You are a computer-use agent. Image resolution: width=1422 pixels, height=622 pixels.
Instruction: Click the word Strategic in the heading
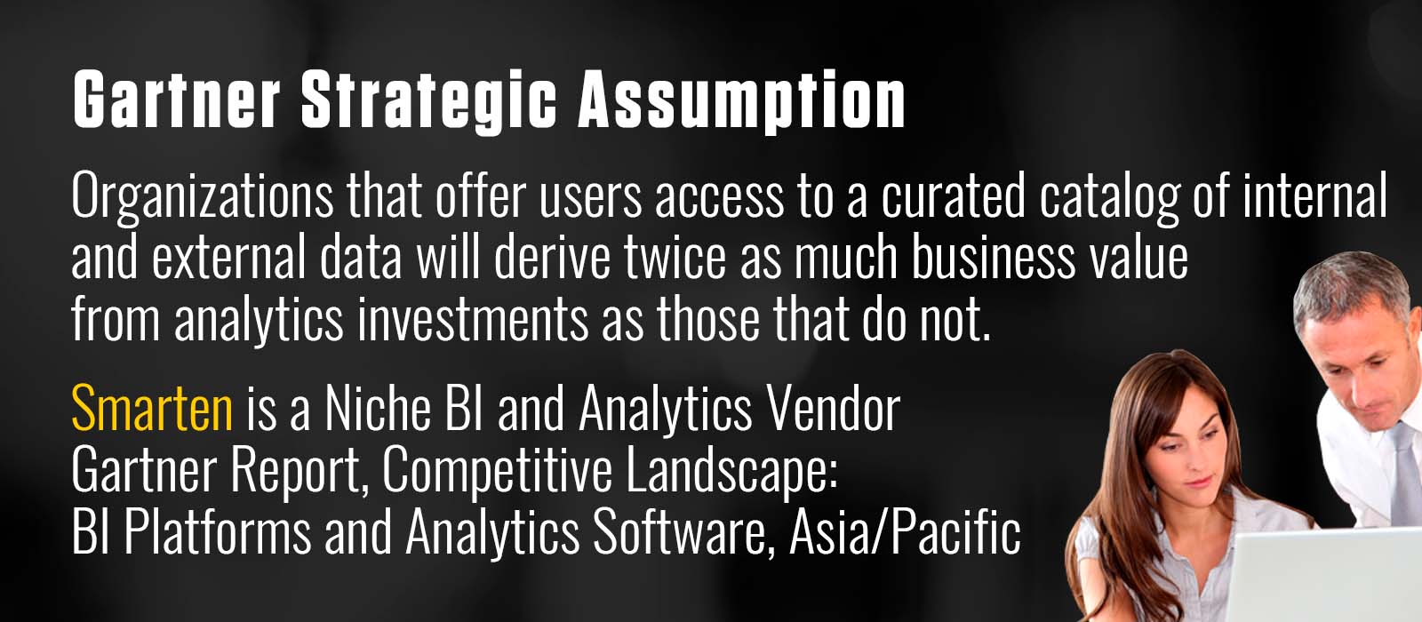[x=428, y=100]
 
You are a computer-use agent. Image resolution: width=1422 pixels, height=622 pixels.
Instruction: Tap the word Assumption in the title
[x=741, y=100]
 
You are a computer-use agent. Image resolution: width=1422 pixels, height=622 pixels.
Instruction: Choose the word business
[x=993, y=257]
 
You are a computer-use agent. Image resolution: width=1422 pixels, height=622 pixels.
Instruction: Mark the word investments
[x=473, y=319]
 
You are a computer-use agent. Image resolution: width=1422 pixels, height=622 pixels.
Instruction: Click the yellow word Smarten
[x=152, y=408]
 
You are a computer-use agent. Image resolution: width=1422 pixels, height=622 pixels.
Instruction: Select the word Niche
[x=378, y=408]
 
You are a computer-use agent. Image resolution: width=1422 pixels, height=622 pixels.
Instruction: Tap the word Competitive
[x=497, y=473]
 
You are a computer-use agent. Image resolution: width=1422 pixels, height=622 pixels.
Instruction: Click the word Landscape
[x=732, y=473]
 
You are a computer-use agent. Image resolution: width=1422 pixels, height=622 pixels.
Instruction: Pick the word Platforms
[x=217, y=531]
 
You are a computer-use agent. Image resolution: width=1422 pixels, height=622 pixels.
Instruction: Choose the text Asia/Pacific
[x=905, y=531]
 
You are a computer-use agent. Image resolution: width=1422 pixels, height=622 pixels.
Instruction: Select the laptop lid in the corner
[x=1327, y=574]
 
